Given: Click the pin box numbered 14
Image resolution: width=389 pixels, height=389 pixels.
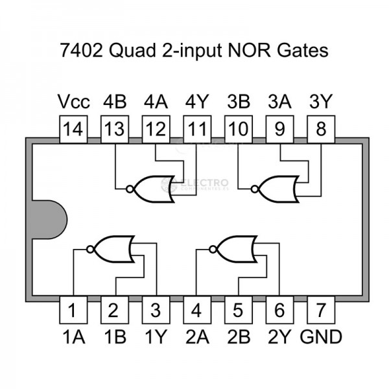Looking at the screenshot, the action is pos(73,129).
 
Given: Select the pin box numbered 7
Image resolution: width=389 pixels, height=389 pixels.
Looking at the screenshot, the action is pos(321,310).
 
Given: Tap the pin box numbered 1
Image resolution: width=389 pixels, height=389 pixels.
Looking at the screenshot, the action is pos(73,310).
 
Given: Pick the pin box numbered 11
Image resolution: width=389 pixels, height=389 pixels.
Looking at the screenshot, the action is pos(197,129).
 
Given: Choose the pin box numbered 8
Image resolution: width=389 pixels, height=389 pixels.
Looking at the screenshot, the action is pos(321,129).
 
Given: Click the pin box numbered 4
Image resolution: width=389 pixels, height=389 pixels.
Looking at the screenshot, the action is pos(197,310).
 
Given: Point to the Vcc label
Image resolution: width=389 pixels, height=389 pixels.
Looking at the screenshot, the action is pos(74,102).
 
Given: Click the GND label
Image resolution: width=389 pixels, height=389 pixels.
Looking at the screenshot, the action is pos(321,337).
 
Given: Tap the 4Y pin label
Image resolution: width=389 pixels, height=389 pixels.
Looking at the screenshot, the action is pos(197,102).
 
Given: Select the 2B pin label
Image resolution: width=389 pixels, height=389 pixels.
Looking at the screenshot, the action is pos(239,337).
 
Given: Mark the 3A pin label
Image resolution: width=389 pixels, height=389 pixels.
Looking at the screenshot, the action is pos(279,102).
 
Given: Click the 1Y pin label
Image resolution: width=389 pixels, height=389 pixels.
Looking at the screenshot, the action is pos(156,337).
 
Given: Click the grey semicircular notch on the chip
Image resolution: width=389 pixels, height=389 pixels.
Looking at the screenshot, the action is pos(50,220).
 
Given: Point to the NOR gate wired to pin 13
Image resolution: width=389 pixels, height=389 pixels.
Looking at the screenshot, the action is pos(150,189).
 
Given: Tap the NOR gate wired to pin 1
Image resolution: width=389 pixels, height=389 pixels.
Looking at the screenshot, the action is pos(111,249).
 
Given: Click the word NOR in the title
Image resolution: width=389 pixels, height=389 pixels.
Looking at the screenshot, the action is pos(249,51).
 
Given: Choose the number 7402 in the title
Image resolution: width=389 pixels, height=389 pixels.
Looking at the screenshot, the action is pos(81,51).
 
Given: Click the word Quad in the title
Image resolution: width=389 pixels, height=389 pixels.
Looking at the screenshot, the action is pos(132,51).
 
